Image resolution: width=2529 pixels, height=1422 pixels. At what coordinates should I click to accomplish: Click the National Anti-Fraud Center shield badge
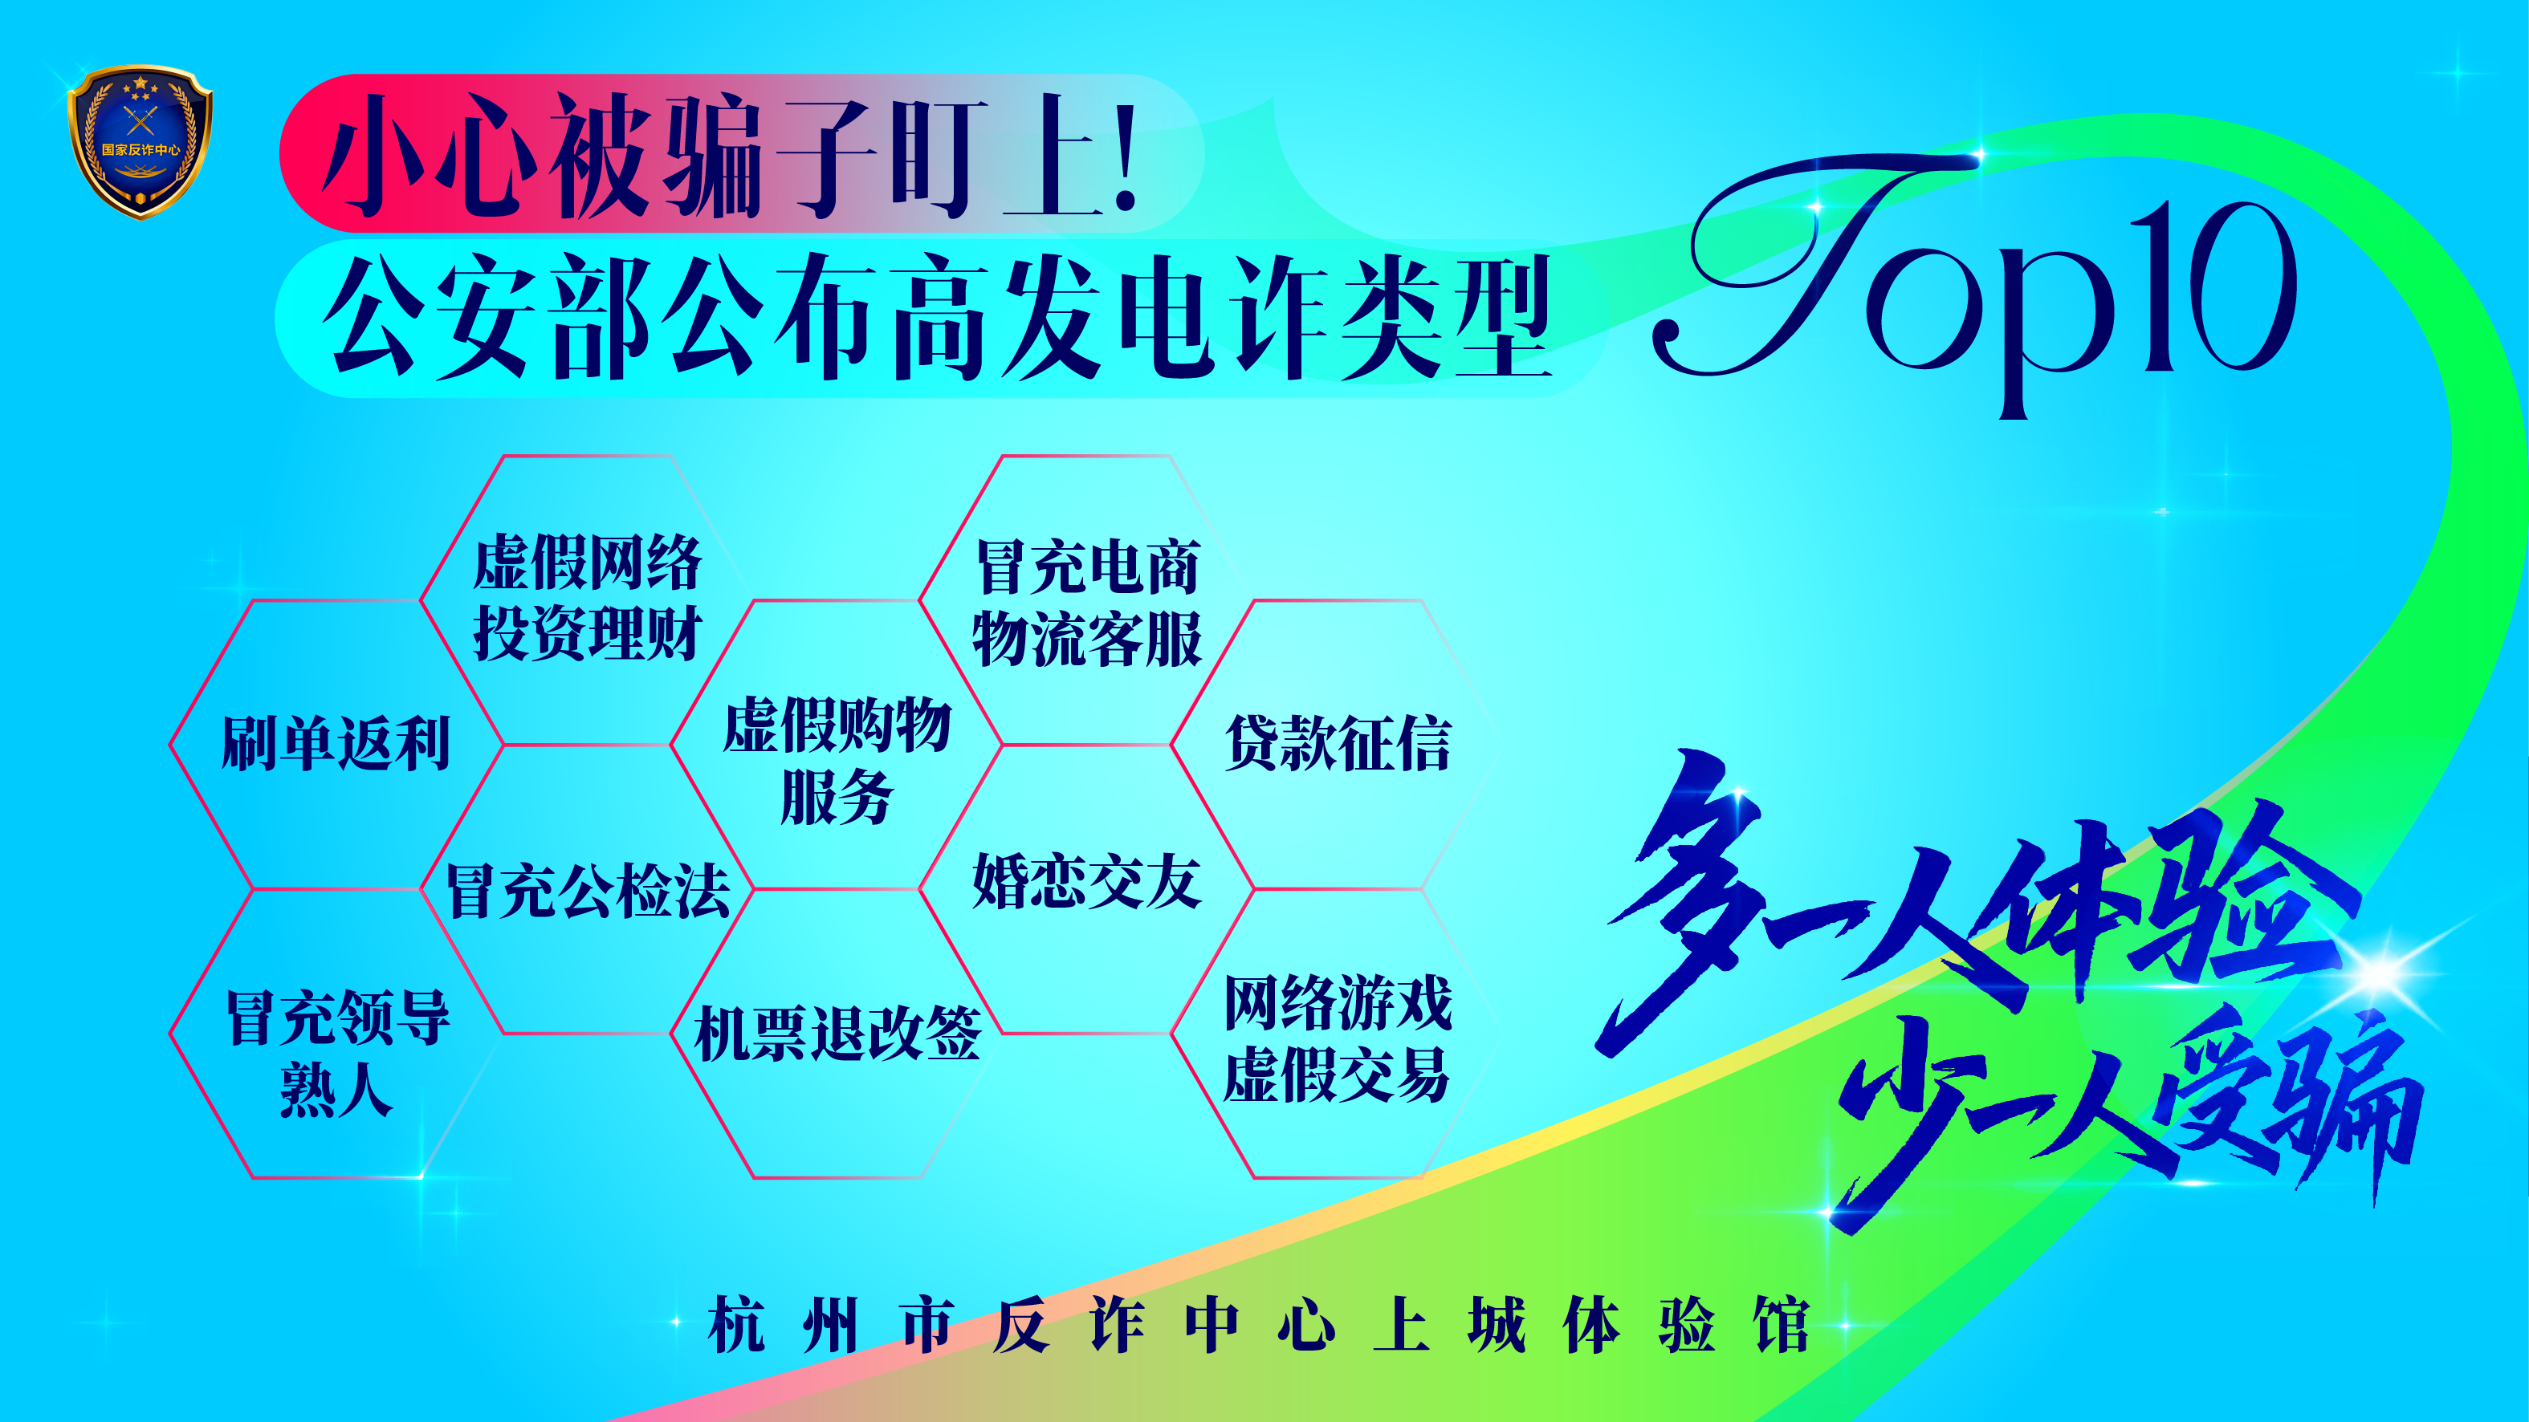(x=140, y=142)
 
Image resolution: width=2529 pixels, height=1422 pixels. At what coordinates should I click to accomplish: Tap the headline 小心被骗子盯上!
(x=732, y=155)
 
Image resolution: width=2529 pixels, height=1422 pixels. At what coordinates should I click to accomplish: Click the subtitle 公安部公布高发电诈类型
(x=938, y=316)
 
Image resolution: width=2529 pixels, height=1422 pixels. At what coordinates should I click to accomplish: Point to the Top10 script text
(x=1973, y=285)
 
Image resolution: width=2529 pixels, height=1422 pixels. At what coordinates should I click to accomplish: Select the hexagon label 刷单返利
(x=336, y=743)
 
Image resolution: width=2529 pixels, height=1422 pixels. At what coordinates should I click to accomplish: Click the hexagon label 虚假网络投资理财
(x=587, y=598)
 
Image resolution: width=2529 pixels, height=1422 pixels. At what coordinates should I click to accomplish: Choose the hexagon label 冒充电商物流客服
(x=1087, y=603)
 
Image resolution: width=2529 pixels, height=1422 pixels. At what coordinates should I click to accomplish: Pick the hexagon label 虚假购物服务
(x=837, y=761)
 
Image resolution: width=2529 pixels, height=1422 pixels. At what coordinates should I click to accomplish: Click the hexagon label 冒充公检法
(x=587, y=891)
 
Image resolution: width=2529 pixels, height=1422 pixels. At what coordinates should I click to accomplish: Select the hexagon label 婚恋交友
(x=1087, y=880)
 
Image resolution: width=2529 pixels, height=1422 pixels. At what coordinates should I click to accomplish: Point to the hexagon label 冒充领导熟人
(x=338, y=1053)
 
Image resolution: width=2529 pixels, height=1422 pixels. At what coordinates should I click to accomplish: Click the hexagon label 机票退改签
(x=837, y=1034)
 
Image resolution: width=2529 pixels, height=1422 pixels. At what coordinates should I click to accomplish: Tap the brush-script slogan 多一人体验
(x=1973, y=903)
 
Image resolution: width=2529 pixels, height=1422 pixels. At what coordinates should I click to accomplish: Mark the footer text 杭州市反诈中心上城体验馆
(x=1259, y=1325)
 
